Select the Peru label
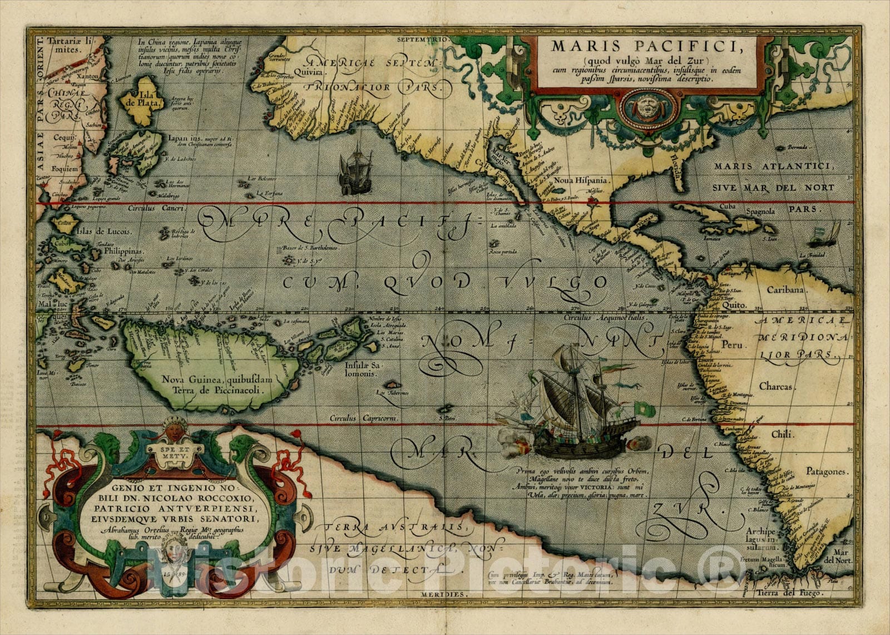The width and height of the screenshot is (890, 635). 732,344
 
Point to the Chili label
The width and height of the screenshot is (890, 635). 783,434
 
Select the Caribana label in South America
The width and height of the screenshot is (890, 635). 786,290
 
